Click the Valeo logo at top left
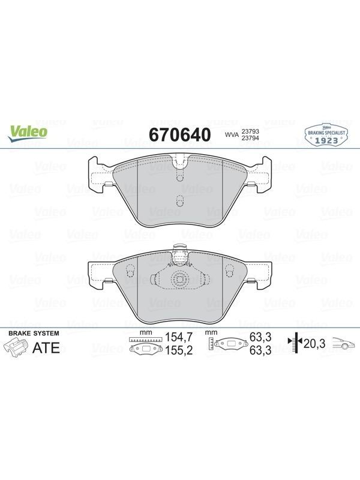28,133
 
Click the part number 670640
180,134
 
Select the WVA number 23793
250,131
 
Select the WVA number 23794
250,138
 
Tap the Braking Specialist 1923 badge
326,134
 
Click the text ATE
46,348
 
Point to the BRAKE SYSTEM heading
34,333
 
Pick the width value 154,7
179,337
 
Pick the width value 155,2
179,350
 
